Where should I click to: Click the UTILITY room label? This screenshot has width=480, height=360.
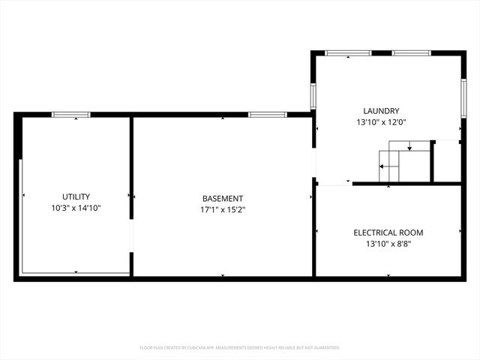(x=76, y=196)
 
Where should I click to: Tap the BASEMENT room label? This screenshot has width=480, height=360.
(x=222, y=199)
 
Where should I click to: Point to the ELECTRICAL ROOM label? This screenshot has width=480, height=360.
(x=388, y=232)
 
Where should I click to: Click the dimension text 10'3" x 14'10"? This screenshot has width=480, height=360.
(x=76, y=208)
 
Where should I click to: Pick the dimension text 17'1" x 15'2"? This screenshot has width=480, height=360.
(x=222, y=210)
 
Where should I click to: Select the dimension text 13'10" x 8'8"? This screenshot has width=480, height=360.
(x=388, y=244)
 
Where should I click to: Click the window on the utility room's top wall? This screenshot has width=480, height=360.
(x=71, y=114)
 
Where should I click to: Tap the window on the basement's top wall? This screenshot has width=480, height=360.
(x=267, y=114)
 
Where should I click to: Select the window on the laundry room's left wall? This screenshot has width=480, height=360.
(x=313, y=95)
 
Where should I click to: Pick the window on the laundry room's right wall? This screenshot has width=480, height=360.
(x=463, y=95)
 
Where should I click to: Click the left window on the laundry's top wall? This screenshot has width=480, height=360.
(x=348, y=53)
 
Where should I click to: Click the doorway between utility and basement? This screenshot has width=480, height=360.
(x=131, y=236)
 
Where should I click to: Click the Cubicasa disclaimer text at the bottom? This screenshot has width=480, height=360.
(x=240, y=348)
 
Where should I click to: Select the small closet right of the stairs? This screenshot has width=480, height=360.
(x=447, y=160)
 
